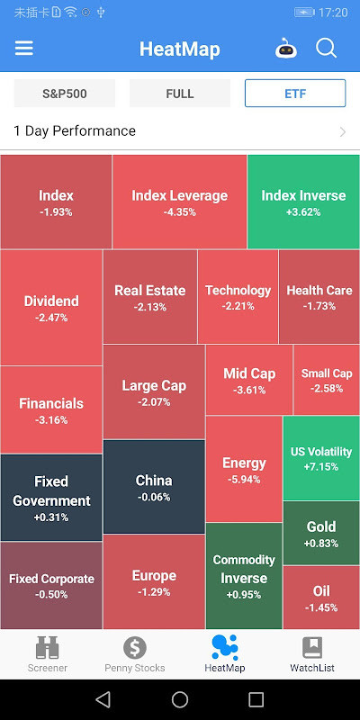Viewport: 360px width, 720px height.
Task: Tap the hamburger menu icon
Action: point(24,49)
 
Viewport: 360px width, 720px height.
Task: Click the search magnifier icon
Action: point(326,49)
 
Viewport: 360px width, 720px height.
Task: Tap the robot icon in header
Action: point(285,49)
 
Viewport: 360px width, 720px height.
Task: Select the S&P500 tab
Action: point(65,94)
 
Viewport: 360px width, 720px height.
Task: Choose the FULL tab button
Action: point(180,94)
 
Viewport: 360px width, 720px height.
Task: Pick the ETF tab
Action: point(295,94)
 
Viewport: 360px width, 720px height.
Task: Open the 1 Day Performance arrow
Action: point(342,131)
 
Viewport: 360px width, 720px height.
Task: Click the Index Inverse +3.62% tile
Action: point(303,202)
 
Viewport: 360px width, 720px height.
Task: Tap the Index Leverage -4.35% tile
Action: point(179,202)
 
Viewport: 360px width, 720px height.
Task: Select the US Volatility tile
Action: point(321,458)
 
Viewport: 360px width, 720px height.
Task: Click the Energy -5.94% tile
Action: point(244,470)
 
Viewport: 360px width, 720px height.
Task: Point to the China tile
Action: point(154,487)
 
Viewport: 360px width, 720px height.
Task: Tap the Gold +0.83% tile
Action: point(321,533)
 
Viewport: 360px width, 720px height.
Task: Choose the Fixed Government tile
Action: point(51,498)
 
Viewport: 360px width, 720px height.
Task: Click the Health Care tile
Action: point(319,297)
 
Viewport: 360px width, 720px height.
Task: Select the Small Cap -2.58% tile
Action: point(327,380)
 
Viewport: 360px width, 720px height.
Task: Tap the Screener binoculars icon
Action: point(47,648)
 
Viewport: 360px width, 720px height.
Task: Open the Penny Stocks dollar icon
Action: point(134,648)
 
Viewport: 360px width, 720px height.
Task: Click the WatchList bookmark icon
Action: point(312,648)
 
